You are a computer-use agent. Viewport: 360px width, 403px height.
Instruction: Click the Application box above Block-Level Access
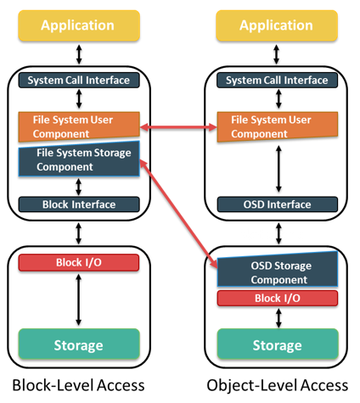click(x=79, y=25)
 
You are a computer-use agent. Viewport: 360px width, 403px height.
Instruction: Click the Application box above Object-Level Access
click(x=277, y=25)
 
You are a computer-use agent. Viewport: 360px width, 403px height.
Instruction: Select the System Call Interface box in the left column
click(x=79, y=80)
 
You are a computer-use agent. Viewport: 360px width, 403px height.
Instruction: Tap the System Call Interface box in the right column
click(x=277, y=80)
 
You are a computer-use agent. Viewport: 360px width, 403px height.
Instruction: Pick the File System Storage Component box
click(x=79, y=160)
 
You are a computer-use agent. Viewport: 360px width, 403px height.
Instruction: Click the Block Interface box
click(x=79, y=204)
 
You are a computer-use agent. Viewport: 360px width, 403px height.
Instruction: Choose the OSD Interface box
click(x=278, y=204)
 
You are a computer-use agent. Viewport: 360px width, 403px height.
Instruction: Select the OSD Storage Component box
click(x=278, y=270)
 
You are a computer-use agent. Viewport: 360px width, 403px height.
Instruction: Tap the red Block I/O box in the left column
click(x=79, y=262)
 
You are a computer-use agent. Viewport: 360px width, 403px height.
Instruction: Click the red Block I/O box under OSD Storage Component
click(x=278, y=298)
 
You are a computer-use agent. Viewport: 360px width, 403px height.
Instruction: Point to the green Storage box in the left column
click(x=79, y=344)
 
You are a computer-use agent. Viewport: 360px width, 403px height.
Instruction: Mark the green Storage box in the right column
click(x=278, y=344)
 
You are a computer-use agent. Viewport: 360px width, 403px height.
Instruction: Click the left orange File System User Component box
click(x=79, y=126)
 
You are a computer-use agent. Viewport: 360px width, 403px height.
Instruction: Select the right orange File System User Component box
click(x=278, y=126)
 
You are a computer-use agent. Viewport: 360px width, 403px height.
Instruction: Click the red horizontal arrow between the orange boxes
click(x=178, y=127)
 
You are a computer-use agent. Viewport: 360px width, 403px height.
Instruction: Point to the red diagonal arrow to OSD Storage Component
click(x=178, y=214)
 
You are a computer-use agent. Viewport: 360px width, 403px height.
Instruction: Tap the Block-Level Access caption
click(x=78, y=385)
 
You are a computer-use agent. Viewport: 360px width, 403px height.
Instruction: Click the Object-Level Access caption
click(x=278, y=385)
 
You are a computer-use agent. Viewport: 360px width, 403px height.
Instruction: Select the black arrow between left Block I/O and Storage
click(x=79, y=299)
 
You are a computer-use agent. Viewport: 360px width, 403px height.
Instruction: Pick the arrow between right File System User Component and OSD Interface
click(x=278, y=169)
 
